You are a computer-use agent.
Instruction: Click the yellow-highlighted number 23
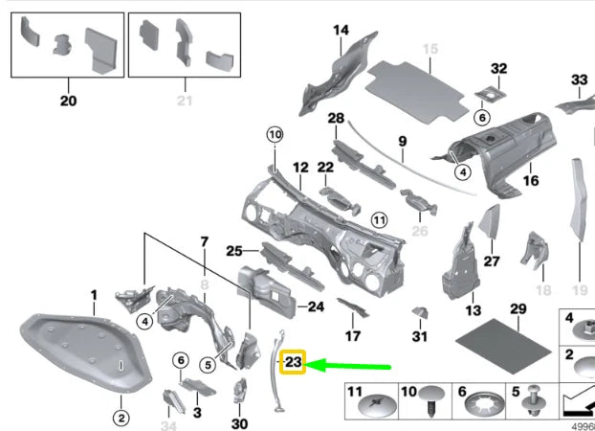point(292,363)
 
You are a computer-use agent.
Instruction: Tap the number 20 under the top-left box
point(67,100)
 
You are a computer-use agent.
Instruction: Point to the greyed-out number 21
point(184,100)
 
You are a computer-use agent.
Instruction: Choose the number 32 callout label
point(497,69)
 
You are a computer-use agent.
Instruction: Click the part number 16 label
point(531,179)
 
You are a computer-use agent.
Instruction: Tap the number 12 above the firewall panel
point(300,168)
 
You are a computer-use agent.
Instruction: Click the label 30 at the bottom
point(239,423)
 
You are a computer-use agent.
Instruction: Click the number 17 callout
point(353,336)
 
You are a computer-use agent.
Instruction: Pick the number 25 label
point(234,251)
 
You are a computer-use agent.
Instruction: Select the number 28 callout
point(335,118)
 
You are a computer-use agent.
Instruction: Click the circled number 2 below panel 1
point(121,417)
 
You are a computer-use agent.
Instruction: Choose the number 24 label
point(318,306)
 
